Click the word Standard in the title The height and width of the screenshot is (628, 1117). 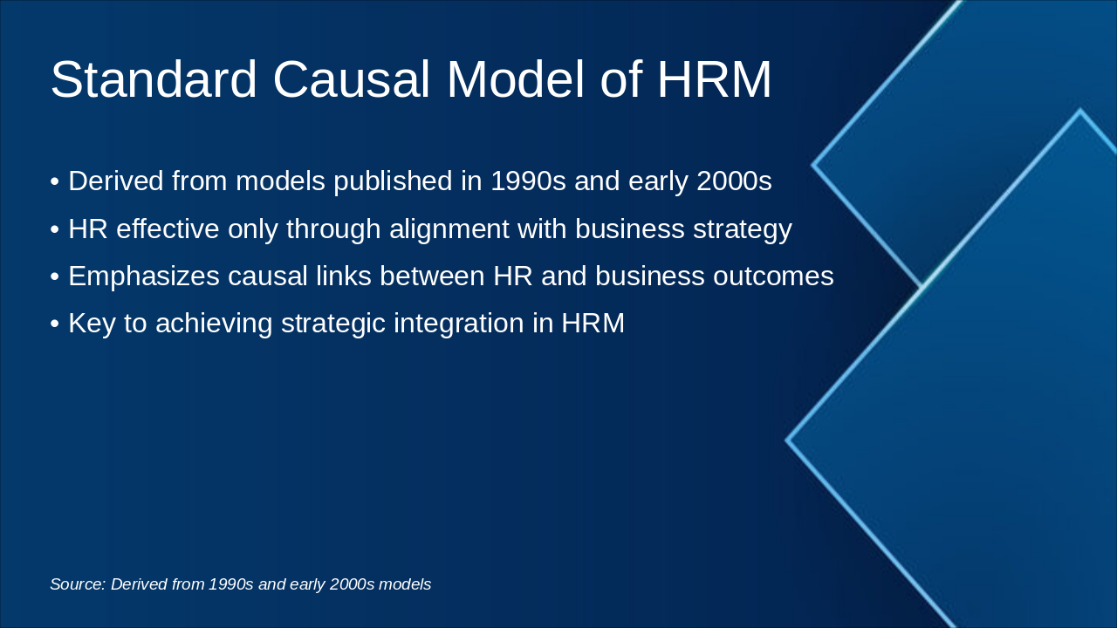[154, 79]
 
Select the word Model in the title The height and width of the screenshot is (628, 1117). [516, 79]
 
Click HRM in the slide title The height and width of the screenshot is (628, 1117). [714, 79]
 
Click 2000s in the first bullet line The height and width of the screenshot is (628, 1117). [734, 181]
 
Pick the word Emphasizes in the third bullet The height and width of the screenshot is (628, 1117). [144, 276]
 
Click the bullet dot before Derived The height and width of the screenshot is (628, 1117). [54, 182]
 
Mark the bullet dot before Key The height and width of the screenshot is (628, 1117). [54, 324]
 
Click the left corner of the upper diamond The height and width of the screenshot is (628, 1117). [814, 164]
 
